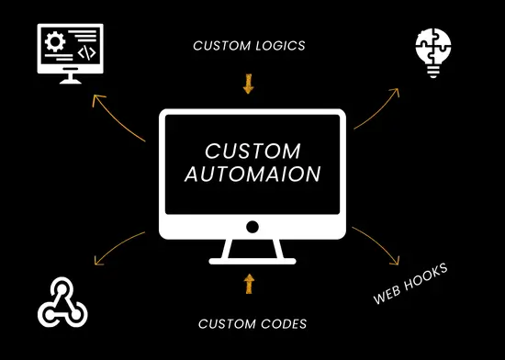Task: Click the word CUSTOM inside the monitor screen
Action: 252,150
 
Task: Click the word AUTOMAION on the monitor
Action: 252,172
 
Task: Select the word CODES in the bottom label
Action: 282,322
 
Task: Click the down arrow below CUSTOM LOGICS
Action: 248,85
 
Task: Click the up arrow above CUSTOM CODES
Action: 248,282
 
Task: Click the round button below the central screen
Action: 252,226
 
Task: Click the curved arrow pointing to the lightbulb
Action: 378,108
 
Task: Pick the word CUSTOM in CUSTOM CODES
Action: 226,322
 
